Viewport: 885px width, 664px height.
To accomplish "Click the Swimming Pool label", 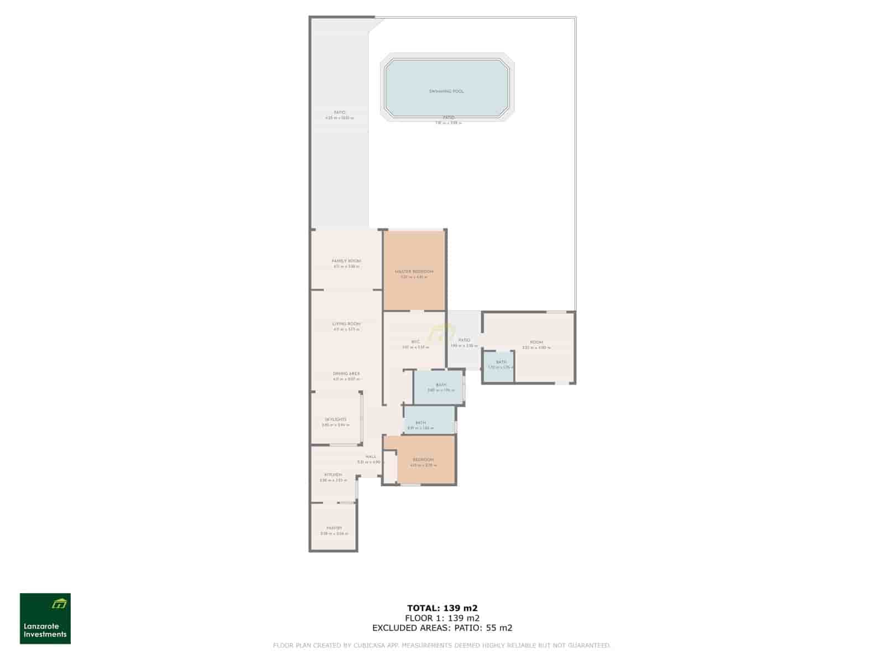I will click(x=446, y=91).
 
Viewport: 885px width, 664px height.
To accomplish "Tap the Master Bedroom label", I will click(x=414, y=272).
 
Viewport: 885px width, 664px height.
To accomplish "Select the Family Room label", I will click(x=346, y=261).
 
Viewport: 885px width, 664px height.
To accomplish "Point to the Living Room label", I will click(x=346, y=324).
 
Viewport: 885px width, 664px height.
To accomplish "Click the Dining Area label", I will click(x=346, y=374).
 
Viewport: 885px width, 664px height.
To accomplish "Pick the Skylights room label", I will click(x=336, y=419).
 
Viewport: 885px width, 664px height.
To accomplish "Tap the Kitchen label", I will click(x=333, y=475).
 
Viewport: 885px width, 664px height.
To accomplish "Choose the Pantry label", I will click(x=334, y=528).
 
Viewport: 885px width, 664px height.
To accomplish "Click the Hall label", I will click(x=371, y=457).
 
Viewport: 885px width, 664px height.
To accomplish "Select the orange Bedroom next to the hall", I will click(x=423, y=460).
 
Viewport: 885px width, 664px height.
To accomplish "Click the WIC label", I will click(x=415, y=342).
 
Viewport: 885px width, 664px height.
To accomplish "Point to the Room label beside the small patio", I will click(x=536, y=343).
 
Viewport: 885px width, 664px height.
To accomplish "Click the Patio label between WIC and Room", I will click(x=464, y=340).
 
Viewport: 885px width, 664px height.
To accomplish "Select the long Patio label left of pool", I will click(x=340, y=112).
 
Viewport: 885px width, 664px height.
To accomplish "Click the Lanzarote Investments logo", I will click(x=45, y=619).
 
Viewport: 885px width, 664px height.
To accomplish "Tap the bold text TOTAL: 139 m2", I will click(x=442, y=608).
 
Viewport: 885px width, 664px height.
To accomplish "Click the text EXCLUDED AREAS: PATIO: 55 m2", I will click(x=442, y=627).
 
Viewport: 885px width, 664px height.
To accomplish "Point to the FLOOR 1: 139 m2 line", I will click(x=442, y=618).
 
